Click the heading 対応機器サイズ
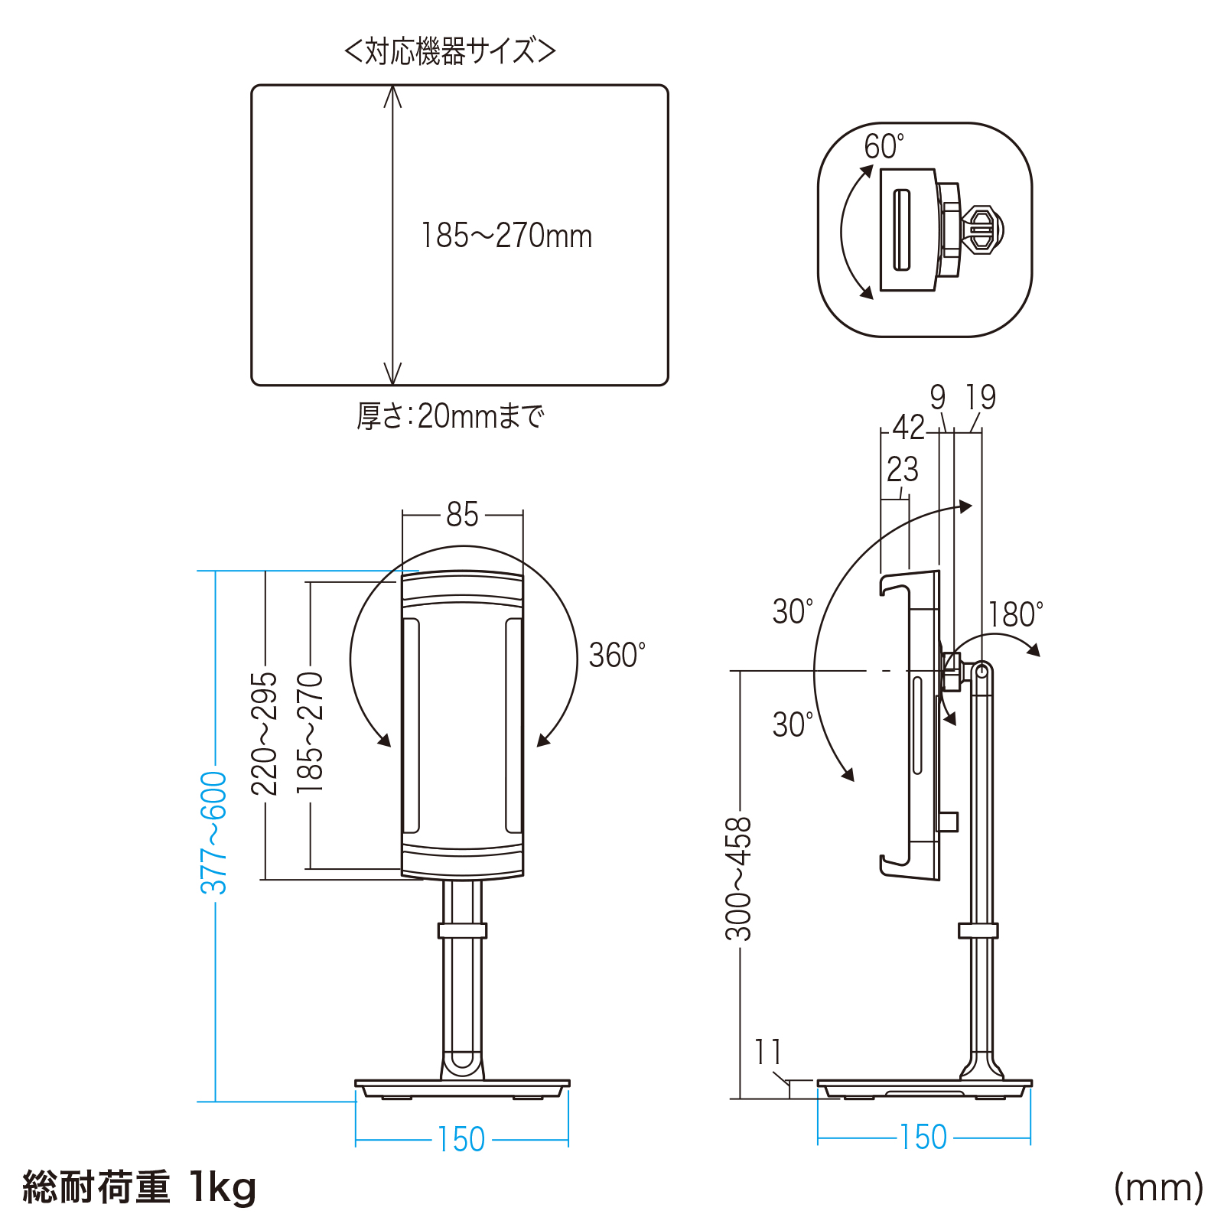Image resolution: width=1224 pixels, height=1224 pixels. (451, 51)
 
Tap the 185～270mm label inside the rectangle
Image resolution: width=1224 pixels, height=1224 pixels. (506, 236)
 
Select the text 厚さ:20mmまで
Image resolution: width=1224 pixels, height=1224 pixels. (451, 416)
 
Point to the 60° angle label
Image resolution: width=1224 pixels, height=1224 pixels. (884, 146)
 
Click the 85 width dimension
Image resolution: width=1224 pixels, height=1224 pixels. (462, 515)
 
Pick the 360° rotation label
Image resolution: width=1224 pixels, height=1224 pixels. (617, 656)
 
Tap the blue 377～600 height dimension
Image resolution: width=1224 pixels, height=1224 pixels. (214, 833)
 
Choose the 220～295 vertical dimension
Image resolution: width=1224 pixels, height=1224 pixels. (265, 734)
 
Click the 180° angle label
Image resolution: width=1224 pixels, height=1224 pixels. (1015, 614)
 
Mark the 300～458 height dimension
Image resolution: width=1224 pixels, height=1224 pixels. (739, 879)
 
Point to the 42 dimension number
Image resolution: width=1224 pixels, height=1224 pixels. (909, 428)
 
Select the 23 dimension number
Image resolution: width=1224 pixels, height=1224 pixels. (903, 470)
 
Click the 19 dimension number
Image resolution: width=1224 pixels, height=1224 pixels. (981, 397)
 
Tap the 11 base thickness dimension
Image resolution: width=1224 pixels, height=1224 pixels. (768, 1052)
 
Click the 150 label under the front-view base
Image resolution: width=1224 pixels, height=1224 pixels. (461, 1140)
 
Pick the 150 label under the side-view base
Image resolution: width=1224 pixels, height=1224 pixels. (923, 1138)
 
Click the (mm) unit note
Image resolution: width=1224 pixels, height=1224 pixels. (1158, 1188)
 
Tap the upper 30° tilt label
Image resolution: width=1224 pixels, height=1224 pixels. (793, 611)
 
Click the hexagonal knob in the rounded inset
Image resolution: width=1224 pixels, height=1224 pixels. (981, 229)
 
